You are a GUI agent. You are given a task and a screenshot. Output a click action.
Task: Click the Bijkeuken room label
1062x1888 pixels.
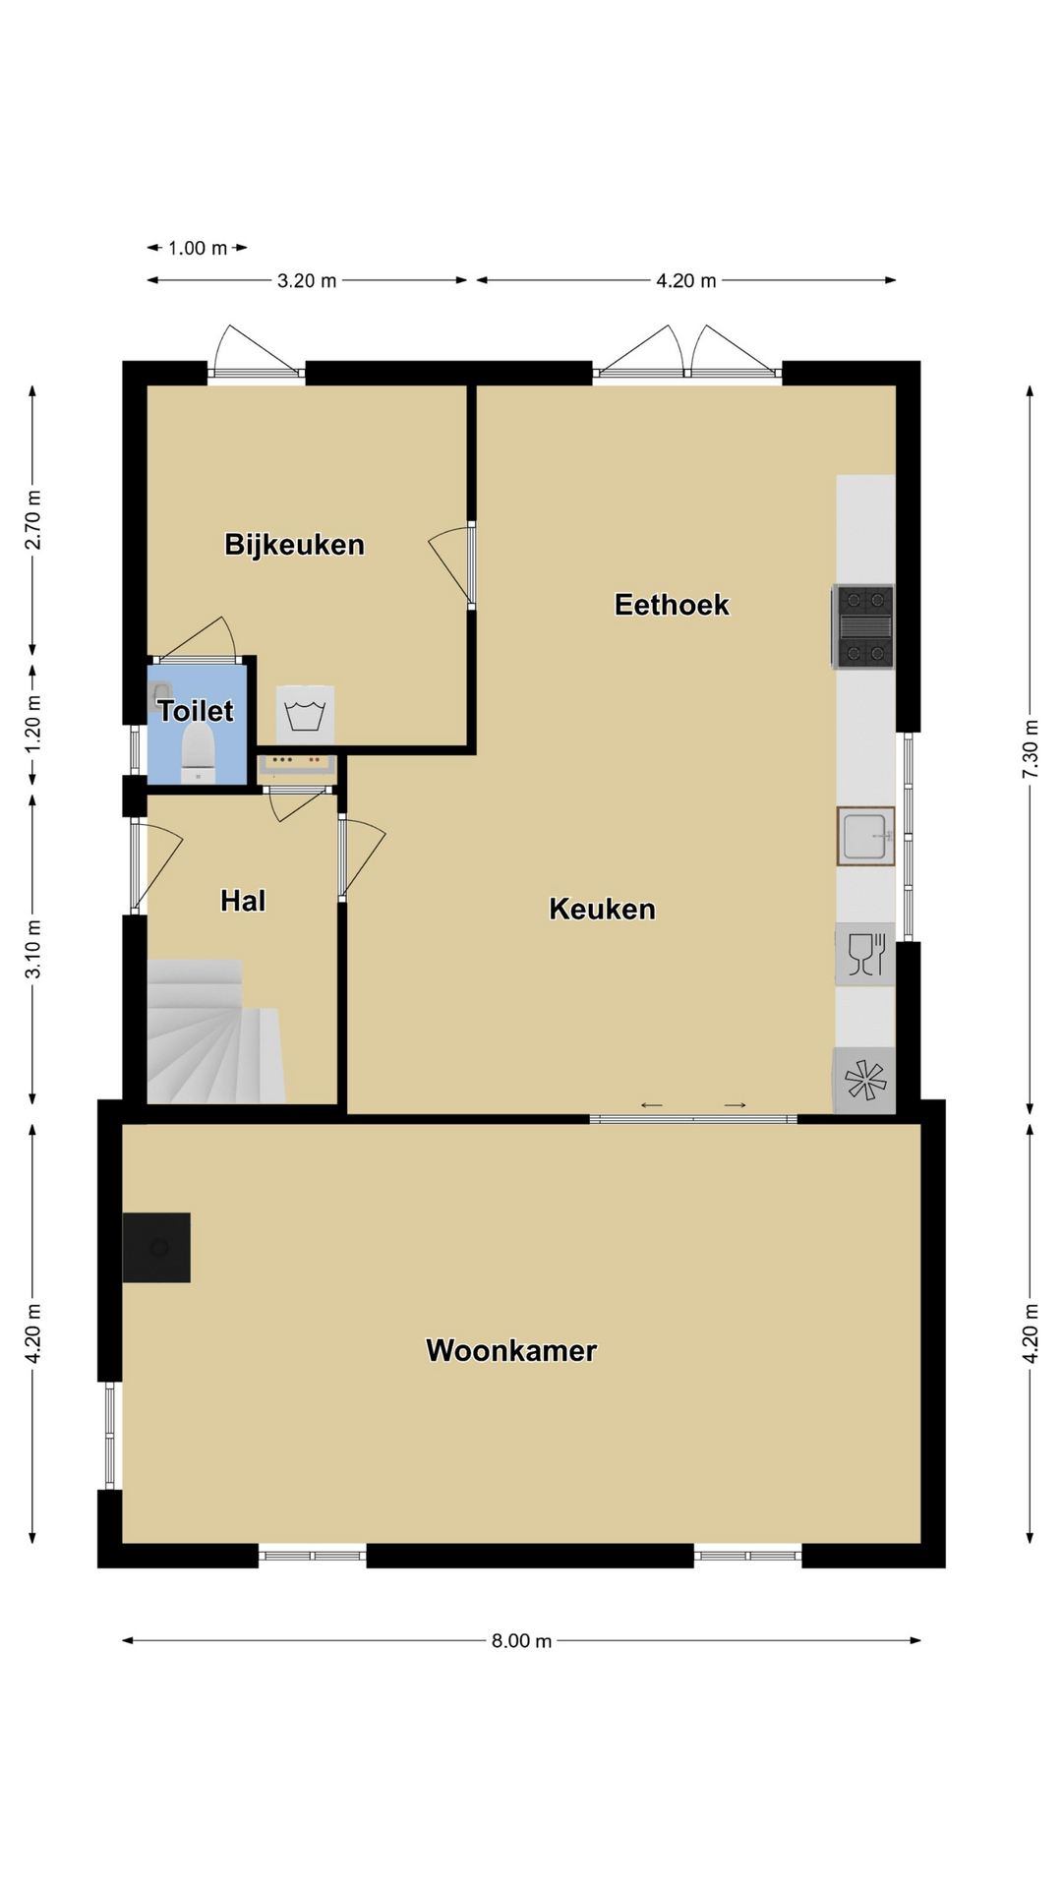point(294,544)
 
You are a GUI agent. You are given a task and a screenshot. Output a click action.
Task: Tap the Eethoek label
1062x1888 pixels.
point(672,604)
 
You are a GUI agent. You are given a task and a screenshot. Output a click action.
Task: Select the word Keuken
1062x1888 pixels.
point(602,909)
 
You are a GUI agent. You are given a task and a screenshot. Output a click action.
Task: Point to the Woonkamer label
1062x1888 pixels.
point(511,1350)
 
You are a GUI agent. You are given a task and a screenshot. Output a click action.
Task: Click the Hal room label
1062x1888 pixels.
point(243,900)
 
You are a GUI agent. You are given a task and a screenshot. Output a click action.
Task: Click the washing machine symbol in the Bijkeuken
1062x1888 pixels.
point(305,715)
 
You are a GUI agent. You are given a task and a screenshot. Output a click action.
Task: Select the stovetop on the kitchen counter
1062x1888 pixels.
point(863,626)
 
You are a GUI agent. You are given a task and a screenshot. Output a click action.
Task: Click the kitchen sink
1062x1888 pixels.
point(865,836)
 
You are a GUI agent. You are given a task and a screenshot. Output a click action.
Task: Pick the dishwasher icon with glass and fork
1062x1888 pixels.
point(865,954)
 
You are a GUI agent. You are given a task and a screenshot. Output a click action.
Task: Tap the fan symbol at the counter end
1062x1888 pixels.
point(864,1081)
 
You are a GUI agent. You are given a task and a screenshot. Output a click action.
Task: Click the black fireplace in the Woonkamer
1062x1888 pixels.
point(156,1248)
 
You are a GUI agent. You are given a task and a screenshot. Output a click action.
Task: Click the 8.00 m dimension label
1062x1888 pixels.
point(521,1640)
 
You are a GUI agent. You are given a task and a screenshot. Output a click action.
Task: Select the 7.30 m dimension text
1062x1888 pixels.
point(1030,750)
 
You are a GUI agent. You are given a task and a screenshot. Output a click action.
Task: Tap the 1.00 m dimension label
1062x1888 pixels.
point(198,248)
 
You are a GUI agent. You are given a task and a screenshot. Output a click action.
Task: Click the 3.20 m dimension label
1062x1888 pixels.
point(307,280)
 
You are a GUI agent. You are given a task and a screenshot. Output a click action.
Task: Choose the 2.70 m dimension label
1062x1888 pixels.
point(32,519)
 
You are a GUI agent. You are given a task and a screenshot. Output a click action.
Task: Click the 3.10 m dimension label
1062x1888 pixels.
point(32,949)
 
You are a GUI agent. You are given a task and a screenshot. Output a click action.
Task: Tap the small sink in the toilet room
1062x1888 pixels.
point(160,693)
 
